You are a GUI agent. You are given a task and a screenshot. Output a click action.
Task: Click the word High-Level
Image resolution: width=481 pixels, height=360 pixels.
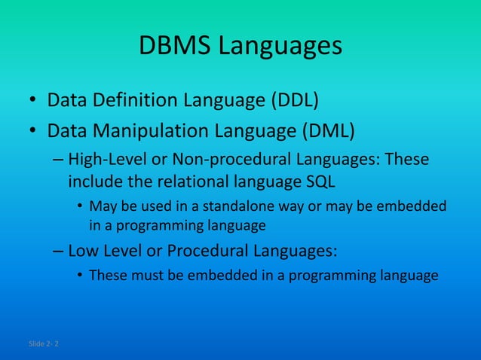(x=103, y=160)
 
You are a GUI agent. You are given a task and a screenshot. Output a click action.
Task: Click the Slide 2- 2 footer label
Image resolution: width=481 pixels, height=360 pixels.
(x=45, y=344)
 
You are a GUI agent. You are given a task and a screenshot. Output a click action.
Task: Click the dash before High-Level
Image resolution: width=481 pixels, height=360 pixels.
(x=59, y=160)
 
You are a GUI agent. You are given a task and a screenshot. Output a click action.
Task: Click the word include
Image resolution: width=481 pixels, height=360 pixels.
(x=93, y=182)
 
